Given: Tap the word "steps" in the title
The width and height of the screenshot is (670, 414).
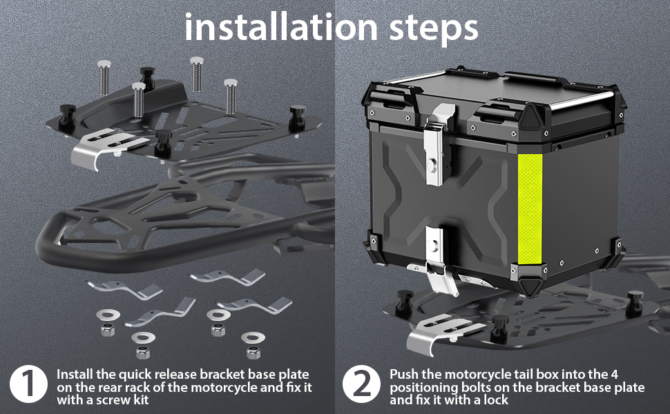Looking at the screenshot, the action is click(434, 29).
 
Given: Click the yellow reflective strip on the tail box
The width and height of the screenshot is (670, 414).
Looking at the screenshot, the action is click(530, 209).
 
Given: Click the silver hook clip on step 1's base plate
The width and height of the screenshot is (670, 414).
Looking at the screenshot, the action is click(102, 147).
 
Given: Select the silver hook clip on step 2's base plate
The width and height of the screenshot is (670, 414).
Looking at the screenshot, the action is click(440, 333).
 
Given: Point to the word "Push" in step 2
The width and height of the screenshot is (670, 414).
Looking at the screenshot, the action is click(404, 374).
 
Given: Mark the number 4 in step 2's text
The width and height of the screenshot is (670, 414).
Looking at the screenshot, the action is click(614, 374).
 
